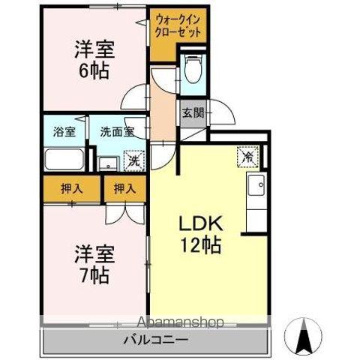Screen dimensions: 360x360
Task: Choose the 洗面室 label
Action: pos(117,130)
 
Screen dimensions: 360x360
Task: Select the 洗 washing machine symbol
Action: pos(134,160)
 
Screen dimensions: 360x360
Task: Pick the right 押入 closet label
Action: pos(124,190)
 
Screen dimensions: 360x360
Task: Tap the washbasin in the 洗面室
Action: pos(106,160)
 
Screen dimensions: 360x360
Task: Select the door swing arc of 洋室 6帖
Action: pos(135,99)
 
